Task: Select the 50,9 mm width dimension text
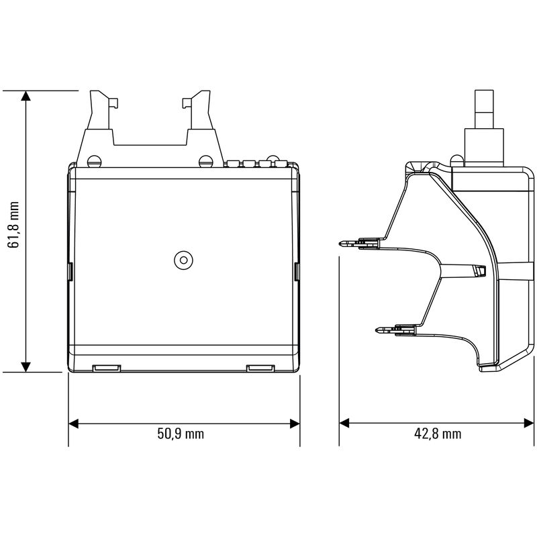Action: (181, 434)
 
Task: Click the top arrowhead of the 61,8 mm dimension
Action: (26, 96)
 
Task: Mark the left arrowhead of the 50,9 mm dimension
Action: (75, 424)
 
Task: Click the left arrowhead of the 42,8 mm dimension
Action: (345, 424)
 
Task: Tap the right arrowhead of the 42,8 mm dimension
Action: (524, 424)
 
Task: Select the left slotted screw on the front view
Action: (93, 161)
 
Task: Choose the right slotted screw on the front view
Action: (205, 161)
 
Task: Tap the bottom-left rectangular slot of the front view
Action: (105, 368)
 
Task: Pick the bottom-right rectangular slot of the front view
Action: (261, 368)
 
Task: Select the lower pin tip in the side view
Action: (377, 330)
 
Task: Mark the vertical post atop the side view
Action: (484, 111)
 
